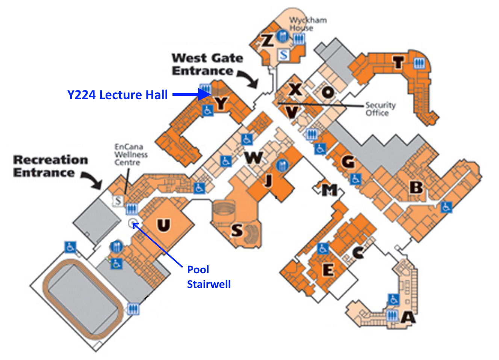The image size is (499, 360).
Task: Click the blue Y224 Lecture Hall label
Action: pos(117,95)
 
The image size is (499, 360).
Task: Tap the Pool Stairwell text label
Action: pos(209,277)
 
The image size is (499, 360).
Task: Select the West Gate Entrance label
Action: pos(207,65)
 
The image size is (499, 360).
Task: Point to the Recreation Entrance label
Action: pos(51,166)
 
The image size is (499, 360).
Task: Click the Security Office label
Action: pos(381,109)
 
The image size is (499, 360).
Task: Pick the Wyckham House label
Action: pos(308,24)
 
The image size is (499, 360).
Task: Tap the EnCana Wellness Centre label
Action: pos(131,155)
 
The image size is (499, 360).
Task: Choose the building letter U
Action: pos(164,225)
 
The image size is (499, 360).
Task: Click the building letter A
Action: pos(408,317)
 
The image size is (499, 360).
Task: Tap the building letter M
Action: pos(330,190)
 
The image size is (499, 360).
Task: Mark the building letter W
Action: pos(254,158)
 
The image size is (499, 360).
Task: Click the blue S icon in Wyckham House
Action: pos(284,54)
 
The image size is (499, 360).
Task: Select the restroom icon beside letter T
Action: pos(419,63)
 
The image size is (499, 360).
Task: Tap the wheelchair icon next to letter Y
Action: pos(208,110)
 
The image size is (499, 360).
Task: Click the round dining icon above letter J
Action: pos(282,165)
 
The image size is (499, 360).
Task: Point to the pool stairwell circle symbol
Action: pos(133,223)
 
